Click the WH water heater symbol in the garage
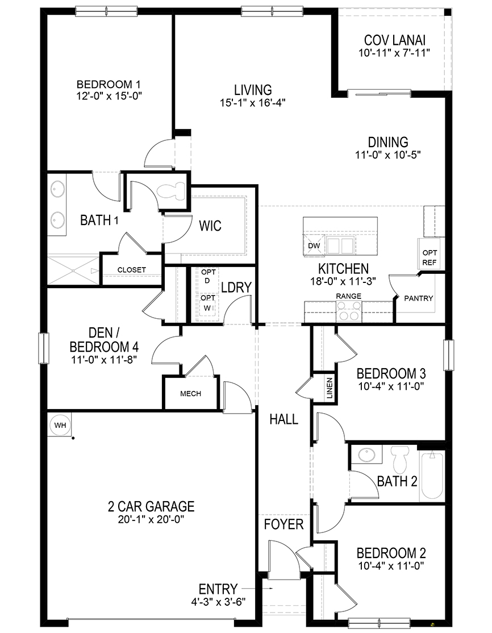point(59,424)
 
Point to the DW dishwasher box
point(314,245)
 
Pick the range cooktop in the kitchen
point(349,312)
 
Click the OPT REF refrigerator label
point(429,257)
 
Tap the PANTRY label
point(419,298)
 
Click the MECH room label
point(191,393)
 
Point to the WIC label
point(210,226)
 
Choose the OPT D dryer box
point(207,277)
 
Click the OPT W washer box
point(207,302)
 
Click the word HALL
point(283,419)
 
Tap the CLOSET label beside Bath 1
point(131,269)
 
